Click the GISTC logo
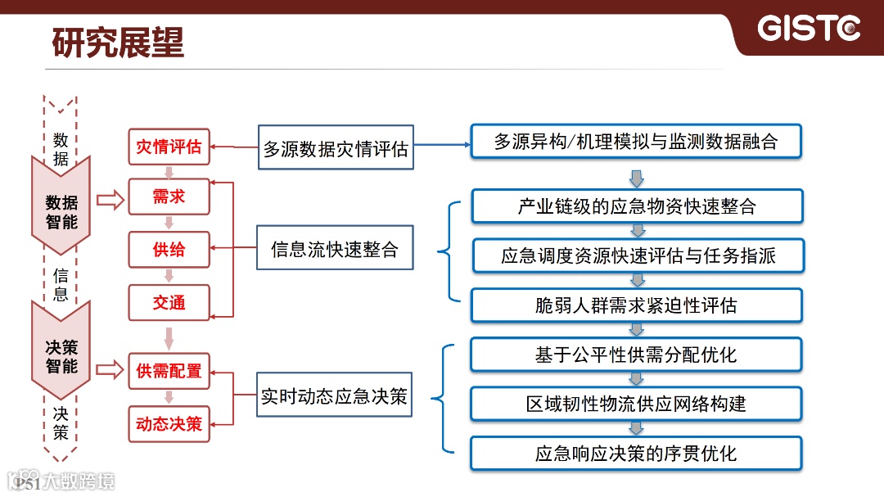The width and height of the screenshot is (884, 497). pos(809,29)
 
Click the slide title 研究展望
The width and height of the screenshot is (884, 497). pos(118,43)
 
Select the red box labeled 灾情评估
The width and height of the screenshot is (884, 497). pos(169,147)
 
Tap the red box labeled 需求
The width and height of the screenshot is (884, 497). pos(169,197)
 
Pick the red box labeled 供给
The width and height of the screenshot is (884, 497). pos(169,250)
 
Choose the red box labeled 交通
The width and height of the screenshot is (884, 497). pos(169,302)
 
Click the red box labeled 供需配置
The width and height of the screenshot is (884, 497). pos(169,371)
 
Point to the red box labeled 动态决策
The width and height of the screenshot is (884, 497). pos(169,424)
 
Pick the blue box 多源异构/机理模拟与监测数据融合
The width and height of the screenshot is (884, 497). pos(635,142)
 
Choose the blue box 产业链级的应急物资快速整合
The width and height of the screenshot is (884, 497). pos(637,206)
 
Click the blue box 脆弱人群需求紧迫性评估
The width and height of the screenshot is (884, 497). pos(637,305)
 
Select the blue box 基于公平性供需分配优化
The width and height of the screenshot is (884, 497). pos(637,355)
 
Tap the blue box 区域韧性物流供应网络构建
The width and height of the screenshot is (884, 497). pos(637,404)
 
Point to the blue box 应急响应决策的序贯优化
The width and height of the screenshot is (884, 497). pos(637,453)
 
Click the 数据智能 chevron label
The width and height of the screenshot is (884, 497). pos(61,211)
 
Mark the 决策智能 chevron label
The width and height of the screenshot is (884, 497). pos(61,357)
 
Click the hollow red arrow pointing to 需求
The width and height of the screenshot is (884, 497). pos(109,199)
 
